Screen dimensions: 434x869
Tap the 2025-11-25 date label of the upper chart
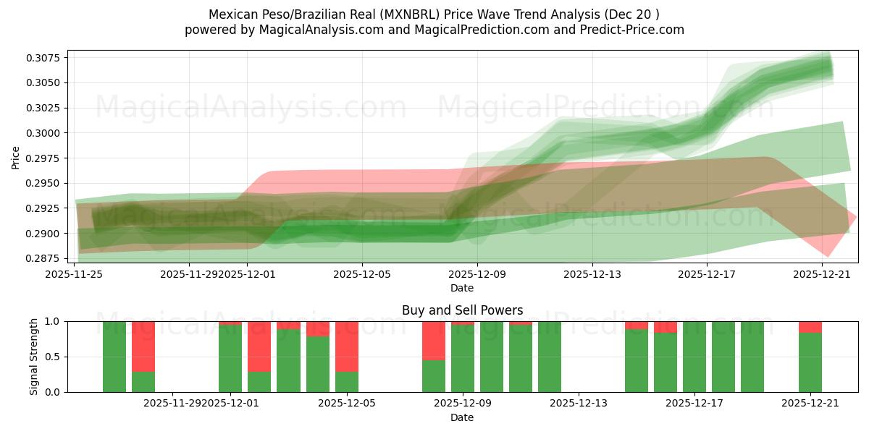coord(75,274)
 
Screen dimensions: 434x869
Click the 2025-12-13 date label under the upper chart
coord(592,274)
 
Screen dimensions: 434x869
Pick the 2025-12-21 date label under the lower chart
coord(810,404)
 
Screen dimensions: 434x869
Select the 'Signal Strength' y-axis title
coord(34,357)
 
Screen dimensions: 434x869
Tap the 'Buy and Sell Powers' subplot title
coord(462,310)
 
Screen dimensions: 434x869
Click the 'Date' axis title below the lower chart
coord(462,417)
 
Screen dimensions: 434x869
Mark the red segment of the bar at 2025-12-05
coord(347,346)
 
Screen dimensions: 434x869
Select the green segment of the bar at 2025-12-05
coord(347,382)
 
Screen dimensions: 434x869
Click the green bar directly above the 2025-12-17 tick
coord(694,357)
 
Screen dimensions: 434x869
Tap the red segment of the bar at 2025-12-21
coord(810,327)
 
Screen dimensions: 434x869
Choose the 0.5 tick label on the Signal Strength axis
coord(53,357)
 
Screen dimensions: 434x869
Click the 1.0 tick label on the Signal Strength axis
coord(53,321)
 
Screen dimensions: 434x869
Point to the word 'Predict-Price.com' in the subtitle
coord(634,30)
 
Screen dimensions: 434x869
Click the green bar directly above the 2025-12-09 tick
coord(463,358)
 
